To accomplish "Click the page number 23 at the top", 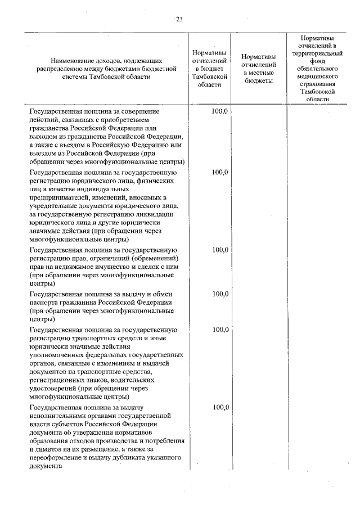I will [179, 19].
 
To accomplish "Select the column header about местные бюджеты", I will [258, 69].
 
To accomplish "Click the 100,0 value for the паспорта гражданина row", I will [220, 294].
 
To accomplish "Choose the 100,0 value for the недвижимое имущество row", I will [220, 250].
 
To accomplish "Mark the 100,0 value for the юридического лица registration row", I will [220, 172].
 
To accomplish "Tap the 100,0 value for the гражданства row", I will [220, 111].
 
